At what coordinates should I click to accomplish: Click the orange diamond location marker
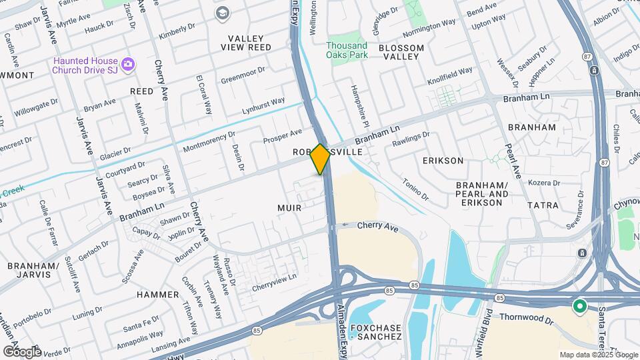[x=321, y=159]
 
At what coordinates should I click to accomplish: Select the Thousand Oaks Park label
[x=347, y=50]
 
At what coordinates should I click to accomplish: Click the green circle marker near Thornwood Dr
[x=579, y=307]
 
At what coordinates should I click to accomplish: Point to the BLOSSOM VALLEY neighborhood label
[x=401, y=52]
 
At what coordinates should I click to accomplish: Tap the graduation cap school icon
[x=221, y=13]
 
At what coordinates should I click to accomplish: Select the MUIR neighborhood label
[x=289, y=208]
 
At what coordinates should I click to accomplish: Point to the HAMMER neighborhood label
[x=158, y=294]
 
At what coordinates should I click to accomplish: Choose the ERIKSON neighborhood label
[x=443, y=161]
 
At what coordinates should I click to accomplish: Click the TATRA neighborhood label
[x=543, y=205]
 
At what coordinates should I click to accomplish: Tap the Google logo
[x=22, y=351]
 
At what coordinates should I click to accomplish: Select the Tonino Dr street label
[x=415, y=187]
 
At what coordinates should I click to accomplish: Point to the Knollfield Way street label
[x=450, y=71]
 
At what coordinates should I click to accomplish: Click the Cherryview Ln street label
[x=274, y=283]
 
